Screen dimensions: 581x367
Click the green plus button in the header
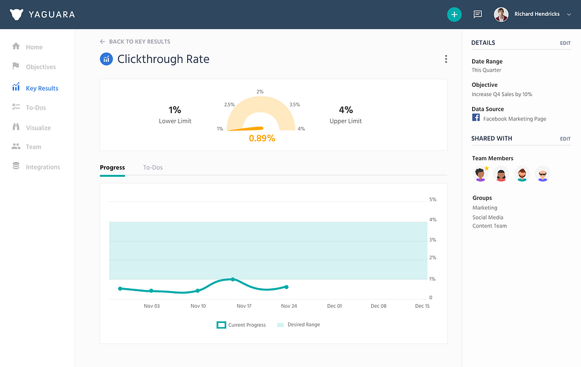point(454,15)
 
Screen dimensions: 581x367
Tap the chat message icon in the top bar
point(478,15)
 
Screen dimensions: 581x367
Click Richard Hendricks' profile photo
point(501,15)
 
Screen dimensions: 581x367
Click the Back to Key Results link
point(135,42)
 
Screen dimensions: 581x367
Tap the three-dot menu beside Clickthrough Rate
point(446,59)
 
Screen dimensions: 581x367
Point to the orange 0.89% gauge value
point(262,138)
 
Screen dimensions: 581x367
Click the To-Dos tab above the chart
point(153,168)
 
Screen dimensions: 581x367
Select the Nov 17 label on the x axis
point(244,306)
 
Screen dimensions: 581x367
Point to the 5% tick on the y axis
point(433,199)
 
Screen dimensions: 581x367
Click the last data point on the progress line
point(286,287)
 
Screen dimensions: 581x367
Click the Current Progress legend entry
point(241,325)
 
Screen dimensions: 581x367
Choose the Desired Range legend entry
point(298,325)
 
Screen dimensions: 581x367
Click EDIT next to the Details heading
point(565,43)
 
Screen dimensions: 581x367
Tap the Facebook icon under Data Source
point(476,117)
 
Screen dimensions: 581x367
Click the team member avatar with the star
point(481,174)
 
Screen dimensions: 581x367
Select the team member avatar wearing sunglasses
point(542,174)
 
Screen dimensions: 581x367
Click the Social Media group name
point(487,217)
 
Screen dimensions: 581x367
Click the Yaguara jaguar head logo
point(17,15)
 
